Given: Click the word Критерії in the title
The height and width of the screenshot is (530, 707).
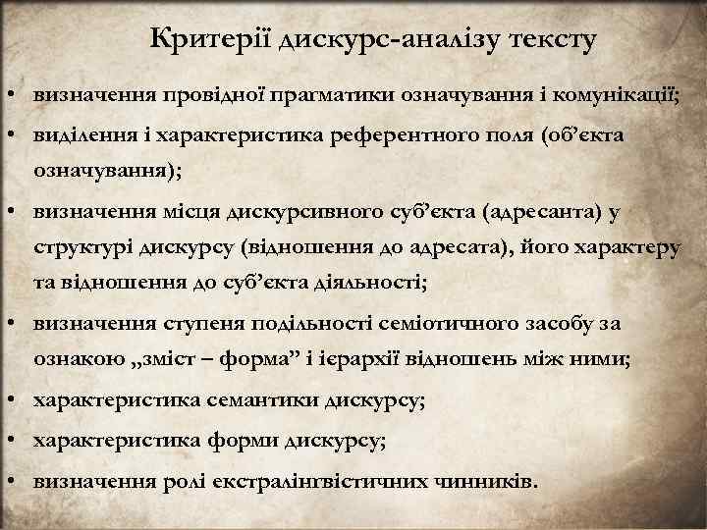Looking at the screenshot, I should coord(211,40).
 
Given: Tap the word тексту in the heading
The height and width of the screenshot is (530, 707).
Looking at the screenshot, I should coord(553,40).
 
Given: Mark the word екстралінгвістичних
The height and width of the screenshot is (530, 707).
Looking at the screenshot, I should coord(352,482).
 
